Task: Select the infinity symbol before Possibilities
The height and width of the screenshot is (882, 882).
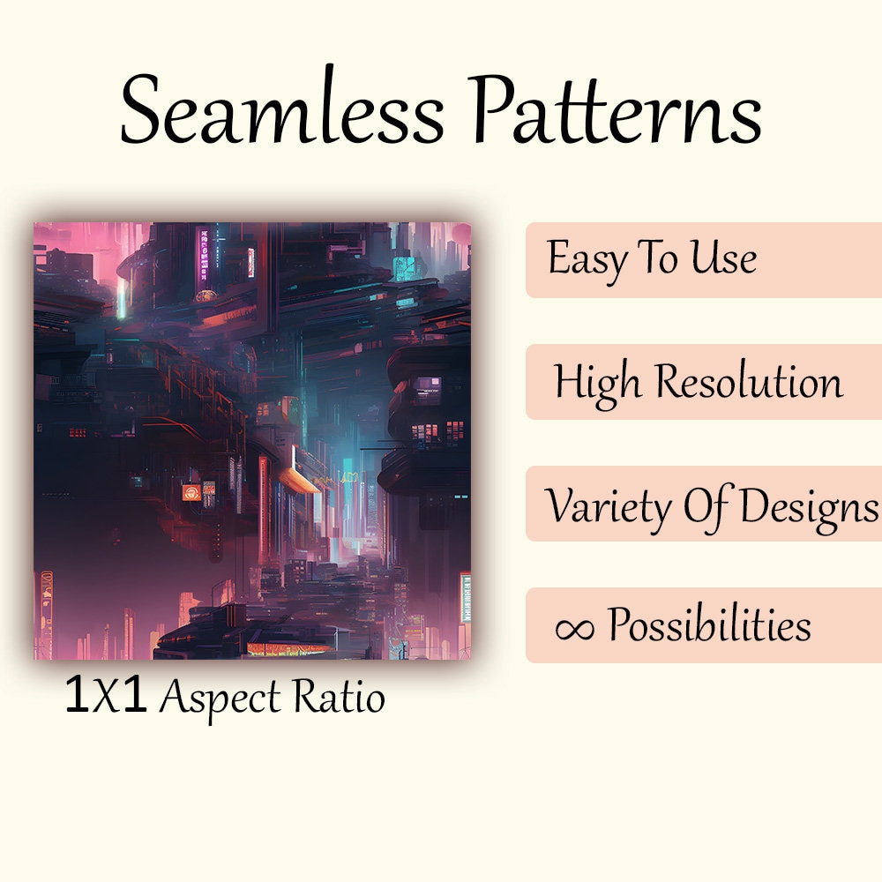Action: point(573,627)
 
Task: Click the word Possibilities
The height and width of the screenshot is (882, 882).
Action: point(709,627)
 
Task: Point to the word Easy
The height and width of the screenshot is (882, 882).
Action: point(582,259)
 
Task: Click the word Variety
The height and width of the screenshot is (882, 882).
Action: point(609,505)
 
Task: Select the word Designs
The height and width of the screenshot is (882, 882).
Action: point(806,505)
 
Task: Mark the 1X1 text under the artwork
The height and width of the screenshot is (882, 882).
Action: point(106,697)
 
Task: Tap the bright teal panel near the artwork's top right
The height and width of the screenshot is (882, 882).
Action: point(405,267)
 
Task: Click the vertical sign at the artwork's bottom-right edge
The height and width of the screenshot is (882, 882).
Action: point(465,600)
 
